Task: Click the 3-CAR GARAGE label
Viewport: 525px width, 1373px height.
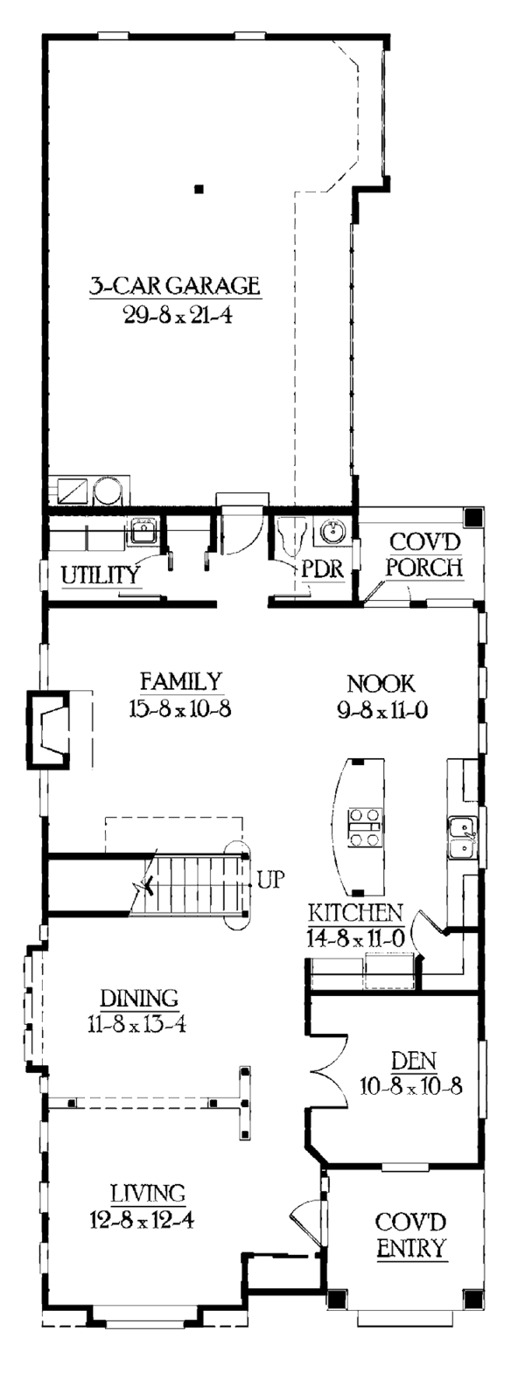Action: pos(174,285)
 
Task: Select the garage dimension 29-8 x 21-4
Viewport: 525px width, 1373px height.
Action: pos(174,313)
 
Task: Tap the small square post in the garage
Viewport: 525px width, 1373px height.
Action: pos(199,187)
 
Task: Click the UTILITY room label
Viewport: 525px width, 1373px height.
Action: pos(101,575)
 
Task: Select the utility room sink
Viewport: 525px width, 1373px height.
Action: pos(142,529)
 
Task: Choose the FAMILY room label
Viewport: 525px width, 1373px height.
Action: pos(183,680)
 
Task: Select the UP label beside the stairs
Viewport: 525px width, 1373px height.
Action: pos(271,880)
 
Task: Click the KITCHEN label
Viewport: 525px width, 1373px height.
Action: pos(354,913)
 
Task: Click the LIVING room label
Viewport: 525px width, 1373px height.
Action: pos(147,1191)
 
